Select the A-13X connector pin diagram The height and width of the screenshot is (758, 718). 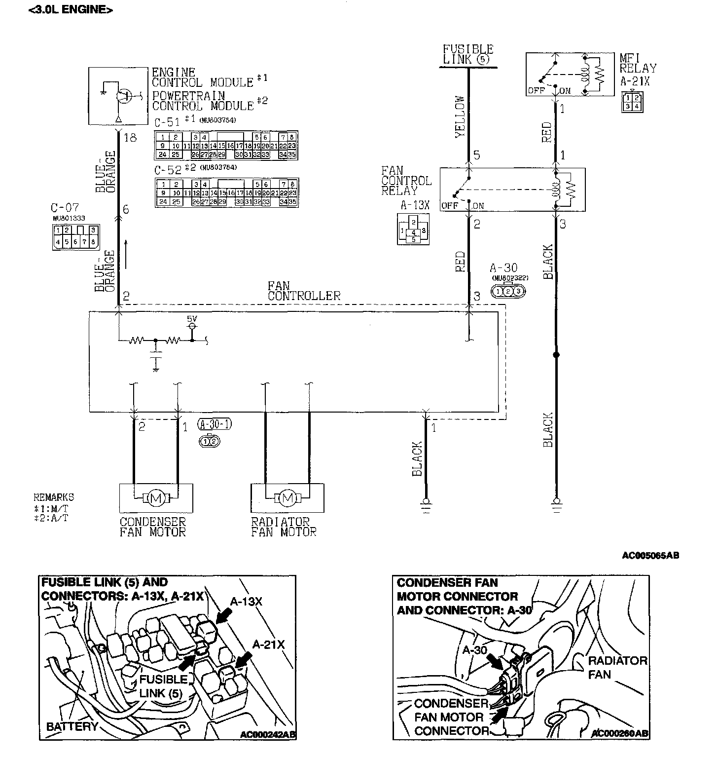(x=413, y=229)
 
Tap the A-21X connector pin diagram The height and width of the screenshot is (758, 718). (x=632, y=102)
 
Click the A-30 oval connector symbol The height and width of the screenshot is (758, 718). (x=508, y=291)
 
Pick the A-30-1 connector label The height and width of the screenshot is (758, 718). (x=214, y=424)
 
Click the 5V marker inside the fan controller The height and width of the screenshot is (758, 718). (x=192, y=319)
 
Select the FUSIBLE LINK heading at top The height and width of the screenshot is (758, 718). (x=467, y=54)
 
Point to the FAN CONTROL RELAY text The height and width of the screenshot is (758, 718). (x=406, y=181)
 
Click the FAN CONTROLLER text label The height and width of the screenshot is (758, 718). (x=304, y=291)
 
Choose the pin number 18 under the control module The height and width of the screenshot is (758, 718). (x=130, y=138)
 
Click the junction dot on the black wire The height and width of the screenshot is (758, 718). (x=556, y=355)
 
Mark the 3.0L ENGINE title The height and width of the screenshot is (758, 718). (x=71, y=9)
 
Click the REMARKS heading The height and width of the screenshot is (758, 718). (x=54, y=497)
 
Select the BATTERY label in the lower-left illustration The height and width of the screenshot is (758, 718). (x=72, y=726)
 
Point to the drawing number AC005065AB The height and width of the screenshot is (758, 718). (x=650, y=556)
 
